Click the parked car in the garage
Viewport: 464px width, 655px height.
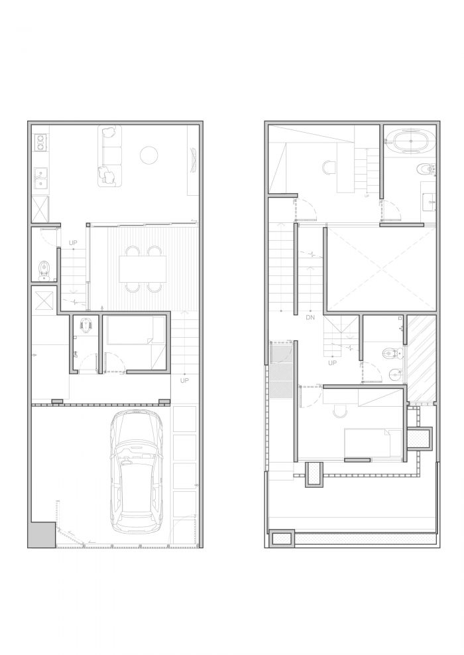pos(136,471)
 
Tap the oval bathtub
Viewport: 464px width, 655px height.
pos(410,141)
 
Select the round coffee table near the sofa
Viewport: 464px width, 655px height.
pos(149,156)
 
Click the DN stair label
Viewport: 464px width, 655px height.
pos(310,317)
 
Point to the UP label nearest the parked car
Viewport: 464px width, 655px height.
pos(184,380)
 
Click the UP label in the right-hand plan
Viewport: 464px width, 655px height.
pos(332,363)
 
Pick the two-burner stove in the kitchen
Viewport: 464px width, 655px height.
pos(40,141)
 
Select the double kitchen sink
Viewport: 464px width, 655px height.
pos(40,177)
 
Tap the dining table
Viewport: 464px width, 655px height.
pos(143,269)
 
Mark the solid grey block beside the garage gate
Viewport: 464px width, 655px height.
pos(42,534)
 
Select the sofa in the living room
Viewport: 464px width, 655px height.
pos(110,156)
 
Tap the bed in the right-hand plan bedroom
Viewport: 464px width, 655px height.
pos(373,443)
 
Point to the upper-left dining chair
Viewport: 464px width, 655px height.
pos(133,251)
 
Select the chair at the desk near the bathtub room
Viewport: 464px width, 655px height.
pos(329,168)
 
